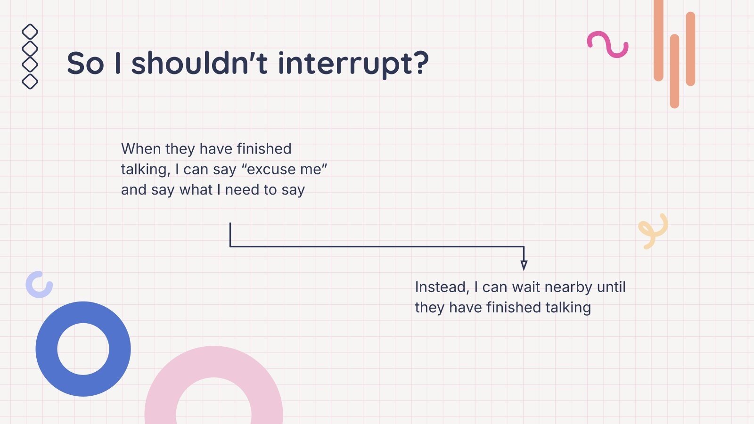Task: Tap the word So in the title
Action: coord(85,64)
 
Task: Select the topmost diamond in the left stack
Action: coord(30,32)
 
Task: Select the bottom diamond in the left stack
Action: coord(30,81)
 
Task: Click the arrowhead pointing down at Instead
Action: coord(524,265)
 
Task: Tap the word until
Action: coord(611,287)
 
